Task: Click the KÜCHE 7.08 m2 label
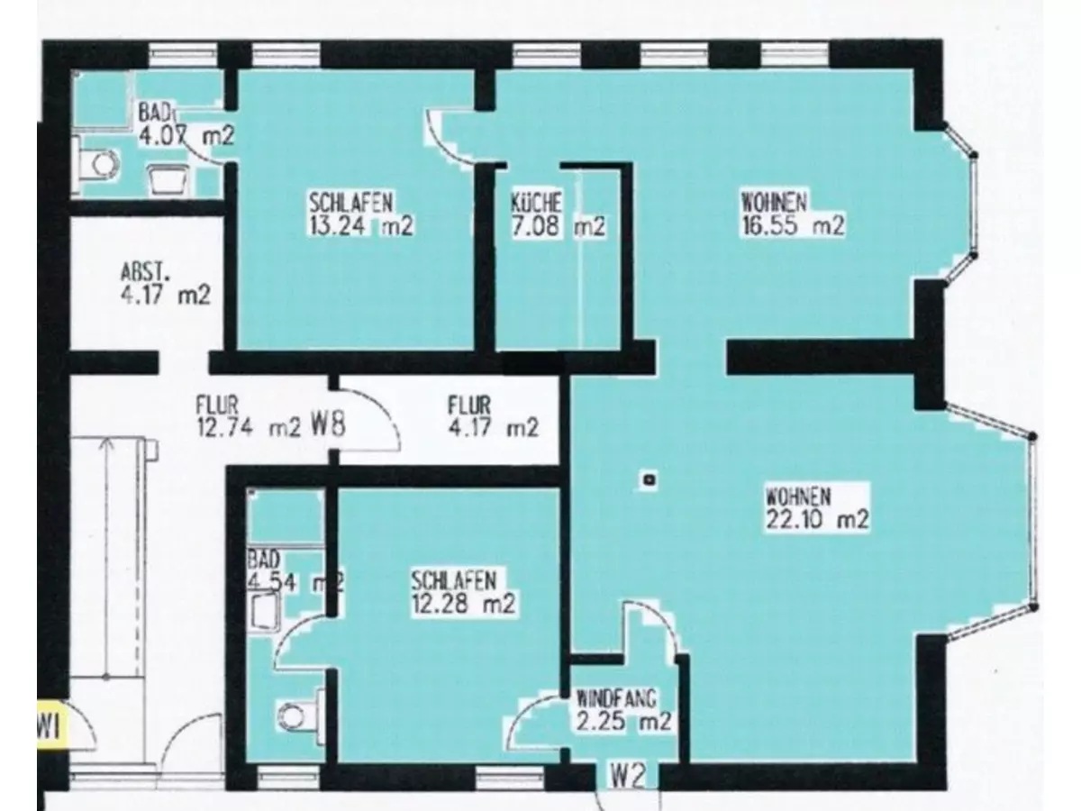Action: [558, 214]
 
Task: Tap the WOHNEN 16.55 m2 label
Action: [793, 214]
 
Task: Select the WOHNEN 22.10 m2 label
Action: [817, 507]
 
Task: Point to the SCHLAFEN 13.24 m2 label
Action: [361, 214]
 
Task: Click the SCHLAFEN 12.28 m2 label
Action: [463, 592]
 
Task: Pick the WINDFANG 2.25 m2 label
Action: [623, 711]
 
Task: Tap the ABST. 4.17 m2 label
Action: [166, 285]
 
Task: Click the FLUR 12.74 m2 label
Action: [248, 416]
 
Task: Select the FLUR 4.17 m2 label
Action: [493, 416]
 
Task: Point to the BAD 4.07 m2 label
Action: [186, 124]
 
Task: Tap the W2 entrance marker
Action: [627, 777]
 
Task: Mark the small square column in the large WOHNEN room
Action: [650, 478]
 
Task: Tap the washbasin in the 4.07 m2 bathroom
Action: [169, 179]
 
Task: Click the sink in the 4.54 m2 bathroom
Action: [266, 612]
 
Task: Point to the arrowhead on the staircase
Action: [106, 444]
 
